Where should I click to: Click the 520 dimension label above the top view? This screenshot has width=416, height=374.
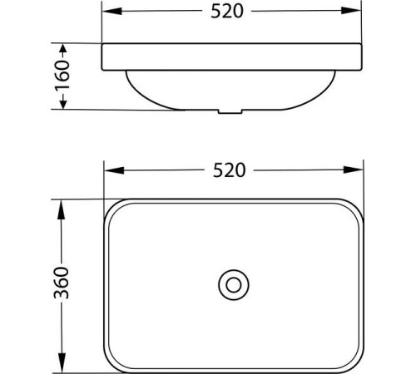pyautogui.click(x=230, y=170)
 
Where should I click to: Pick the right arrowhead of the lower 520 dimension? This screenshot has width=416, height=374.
pyautogui.click(x=356, y=171)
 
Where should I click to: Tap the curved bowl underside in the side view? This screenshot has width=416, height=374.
pyautogui.click(x=166, y=98)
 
